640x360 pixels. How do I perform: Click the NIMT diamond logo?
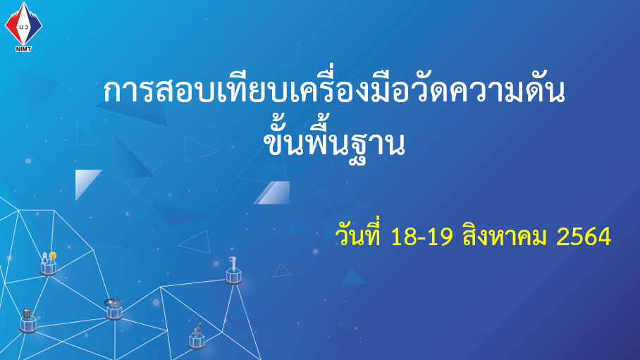point(23,24)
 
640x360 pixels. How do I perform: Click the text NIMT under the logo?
point(23,49)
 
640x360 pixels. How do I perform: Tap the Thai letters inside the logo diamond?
point(24,27)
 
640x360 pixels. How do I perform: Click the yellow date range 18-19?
point(421,237)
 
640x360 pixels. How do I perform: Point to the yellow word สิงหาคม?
point(505,236)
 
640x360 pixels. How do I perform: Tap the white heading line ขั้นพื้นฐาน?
point(334,141)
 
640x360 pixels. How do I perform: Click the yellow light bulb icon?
point(53,256)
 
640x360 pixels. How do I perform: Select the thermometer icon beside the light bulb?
point(44,258)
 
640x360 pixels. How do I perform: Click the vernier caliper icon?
point(232,264)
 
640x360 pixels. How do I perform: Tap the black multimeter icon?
point(27,314)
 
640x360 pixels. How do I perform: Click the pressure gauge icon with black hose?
point(113,303)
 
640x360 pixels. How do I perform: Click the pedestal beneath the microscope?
point(197,341)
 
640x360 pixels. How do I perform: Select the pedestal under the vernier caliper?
point(234,277)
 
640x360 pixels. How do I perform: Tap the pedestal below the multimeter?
point(28,325)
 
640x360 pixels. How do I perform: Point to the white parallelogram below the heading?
point(272,192)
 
